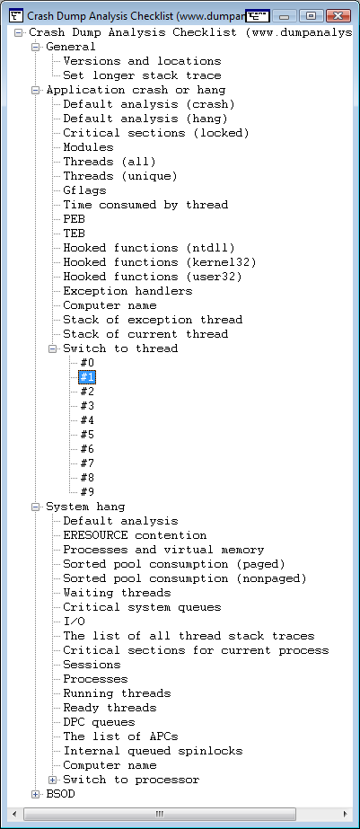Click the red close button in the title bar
point(338,15)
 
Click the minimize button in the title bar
point(285,15)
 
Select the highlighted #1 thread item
point(87,377)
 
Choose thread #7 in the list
point(87,463)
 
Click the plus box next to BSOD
point(35,794)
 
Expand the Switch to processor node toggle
point(52,780)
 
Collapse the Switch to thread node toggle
point(52,348)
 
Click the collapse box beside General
point(35,47)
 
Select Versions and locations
point(142,61)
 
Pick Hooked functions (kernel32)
point(160,262)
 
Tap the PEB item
point(74,219)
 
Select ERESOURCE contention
point(135,535)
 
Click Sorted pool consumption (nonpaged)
point(185,578)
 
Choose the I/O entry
point(74,622)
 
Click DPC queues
point(99,722)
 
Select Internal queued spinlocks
point(153,751)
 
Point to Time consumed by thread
point(145,205)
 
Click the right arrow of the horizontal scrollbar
point(346,814)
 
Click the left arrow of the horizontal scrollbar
point(14,814)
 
